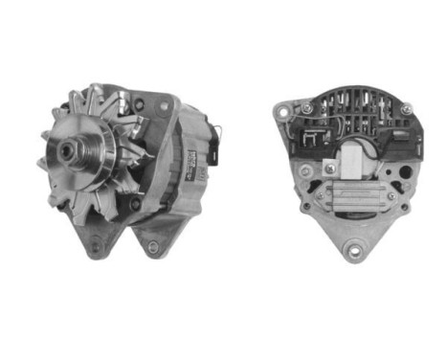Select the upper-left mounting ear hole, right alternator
tap(281, 112)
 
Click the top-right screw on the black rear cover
tap(406, 110)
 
